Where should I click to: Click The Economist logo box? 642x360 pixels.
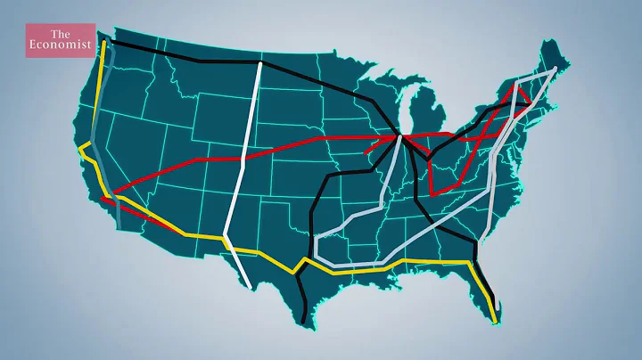click(x=59, y=41)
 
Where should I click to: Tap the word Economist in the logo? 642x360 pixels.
click(x=59, y=48)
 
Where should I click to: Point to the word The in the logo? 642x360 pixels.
click(x=59, y=34)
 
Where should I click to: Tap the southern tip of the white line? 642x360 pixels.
click(x=248, y=285)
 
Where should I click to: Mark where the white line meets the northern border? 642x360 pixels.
click(x=260, y=63)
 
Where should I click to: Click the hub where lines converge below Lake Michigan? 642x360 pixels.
click(x=402, y=136)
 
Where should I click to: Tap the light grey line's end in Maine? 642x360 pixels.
click(x=555, y=68)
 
